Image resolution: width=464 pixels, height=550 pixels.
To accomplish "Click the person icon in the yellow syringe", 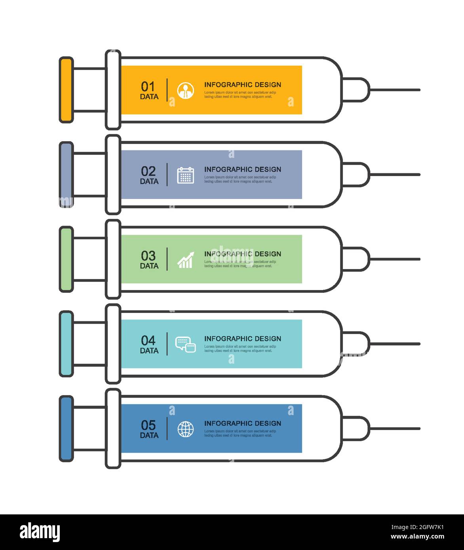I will [185, 90].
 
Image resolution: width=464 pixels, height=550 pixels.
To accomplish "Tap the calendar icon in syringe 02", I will [185, 175].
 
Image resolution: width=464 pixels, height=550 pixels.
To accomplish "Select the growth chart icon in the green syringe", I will [185, 260].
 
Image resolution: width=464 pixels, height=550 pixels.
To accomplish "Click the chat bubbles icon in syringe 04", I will [185, 344].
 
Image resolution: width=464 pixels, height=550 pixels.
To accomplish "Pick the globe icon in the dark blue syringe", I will [185, 429].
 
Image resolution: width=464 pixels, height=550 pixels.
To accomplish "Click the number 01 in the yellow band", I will [148, 86].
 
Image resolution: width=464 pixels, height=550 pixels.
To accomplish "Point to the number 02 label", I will [148, 171].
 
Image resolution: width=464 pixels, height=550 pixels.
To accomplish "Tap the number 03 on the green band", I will [148, 256].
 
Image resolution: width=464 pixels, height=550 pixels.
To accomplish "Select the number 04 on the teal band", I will [148, 340].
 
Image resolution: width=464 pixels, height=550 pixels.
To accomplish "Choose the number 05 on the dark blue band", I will [148, 425].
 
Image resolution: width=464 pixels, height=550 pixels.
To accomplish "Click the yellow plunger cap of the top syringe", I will [66, 90].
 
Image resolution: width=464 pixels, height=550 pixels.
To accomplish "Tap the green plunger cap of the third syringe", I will [66, 259].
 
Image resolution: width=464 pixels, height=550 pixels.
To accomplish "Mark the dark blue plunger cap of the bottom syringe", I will [66, 429].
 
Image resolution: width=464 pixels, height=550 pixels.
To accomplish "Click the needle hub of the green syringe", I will [356, 259].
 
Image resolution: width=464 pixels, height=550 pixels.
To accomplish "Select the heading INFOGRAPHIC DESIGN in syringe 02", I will [242, 169].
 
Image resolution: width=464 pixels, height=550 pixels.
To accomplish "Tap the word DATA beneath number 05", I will [149, 435].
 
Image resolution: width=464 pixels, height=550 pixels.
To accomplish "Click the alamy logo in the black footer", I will [40, 532].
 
